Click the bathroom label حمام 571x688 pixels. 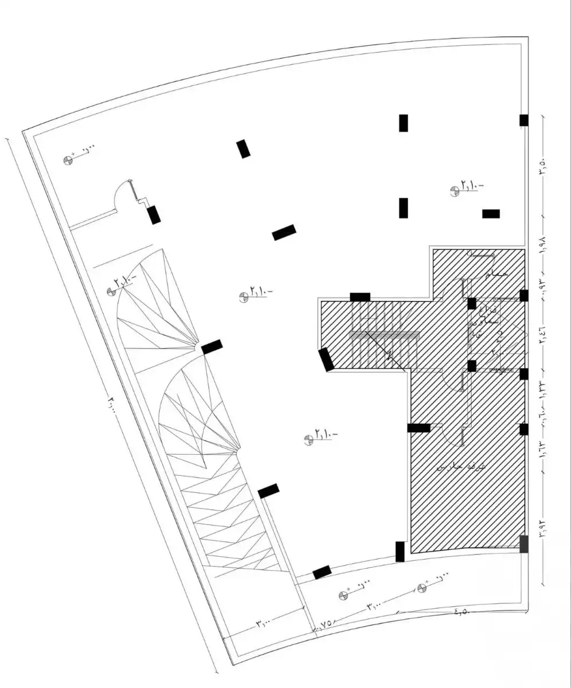pyautogui.click(x=496, y=275)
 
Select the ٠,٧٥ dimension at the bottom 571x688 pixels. pyautogui.click(x=324, y=624)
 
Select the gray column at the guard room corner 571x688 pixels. pyautogui.click(x=523, y=544)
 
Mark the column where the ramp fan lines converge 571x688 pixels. pyautogui.click(x=212, y=346)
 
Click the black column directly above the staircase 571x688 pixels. pyautogui.click(x=360, y=296)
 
